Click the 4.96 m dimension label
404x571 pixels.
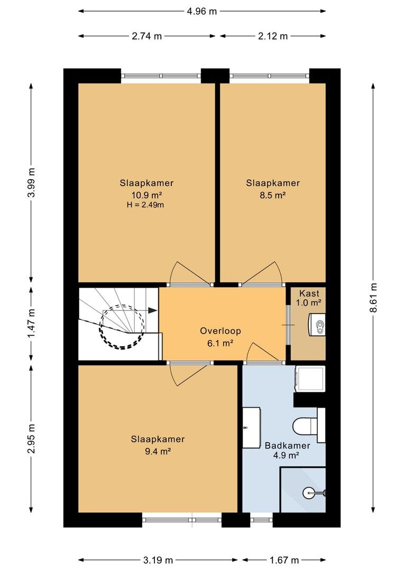(202, 11)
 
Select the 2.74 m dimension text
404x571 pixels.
(146, 36)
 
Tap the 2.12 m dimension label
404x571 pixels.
(273, 36)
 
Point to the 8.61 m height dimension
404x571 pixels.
(373, 298)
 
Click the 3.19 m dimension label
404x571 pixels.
(158, 560)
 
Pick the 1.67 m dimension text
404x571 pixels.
(284, 560)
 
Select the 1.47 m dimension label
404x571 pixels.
(31, 323)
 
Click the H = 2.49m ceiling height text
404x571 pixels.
(145, 205)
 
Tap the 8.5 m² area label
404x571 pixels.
(272, 195)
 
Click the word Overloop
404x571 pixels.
(221, 330)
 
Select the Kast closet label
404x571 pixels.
(309, 293)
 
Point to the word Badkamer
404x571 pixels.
(288, 445)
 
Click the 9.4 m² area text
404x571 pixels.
(158, 452)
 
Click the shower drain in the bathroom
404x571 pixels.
(309, 493)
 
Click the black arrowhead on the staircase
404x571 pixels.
(153, 310)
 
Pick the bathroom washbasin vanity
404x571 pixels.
(251, 428)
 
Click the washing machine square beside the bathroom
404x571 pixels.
(310, 379)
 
